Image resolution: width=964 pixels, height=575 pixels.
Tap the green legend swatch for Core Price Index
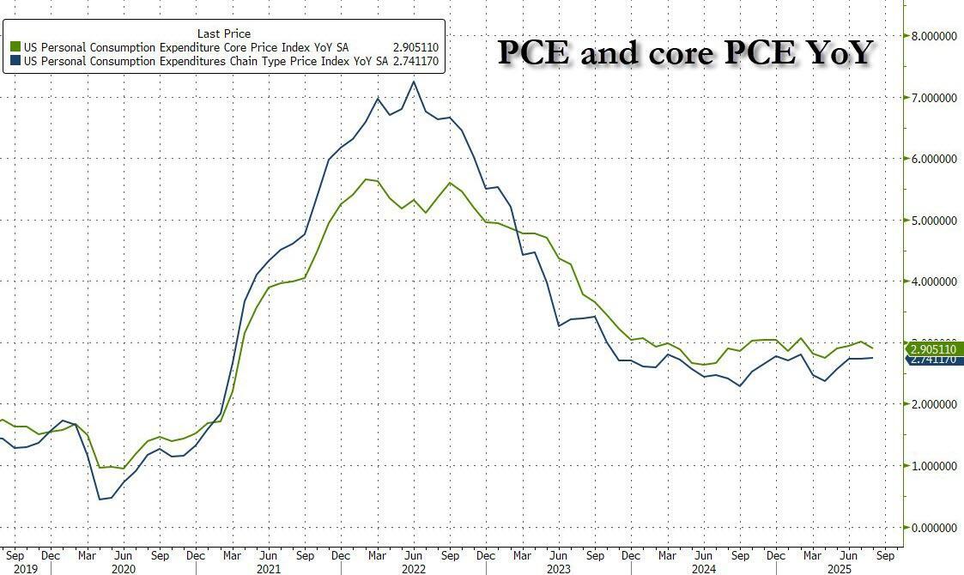pos(15,47)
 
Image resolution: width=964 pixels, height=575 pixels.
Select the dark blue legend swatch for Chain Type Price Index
pos(15,63)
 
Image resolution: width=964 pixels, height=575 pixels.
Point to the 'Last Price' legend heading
pos(223,33)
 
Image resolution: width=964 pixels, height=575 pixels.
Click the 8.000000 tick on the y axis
pos(937,35)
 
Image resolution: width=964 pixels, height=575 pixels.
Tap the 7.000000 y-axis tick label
pos(937,97)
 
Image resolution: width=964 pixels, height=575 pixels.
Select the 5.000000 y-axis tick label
pos(937,220)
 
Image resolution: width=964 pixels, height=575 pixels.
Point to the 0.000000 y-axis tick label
pos(937,527)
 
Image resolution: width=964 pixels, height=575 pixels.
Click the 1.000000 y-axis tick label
pos(937,466)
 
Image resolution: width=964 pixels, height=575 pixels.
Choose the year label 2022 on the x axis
pos(414,569)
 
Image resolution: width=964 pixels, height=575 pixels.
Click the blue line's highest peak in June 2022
pos(414,82)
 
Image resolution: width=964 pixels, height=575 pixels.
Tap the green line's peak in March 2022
pos(366,179)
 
